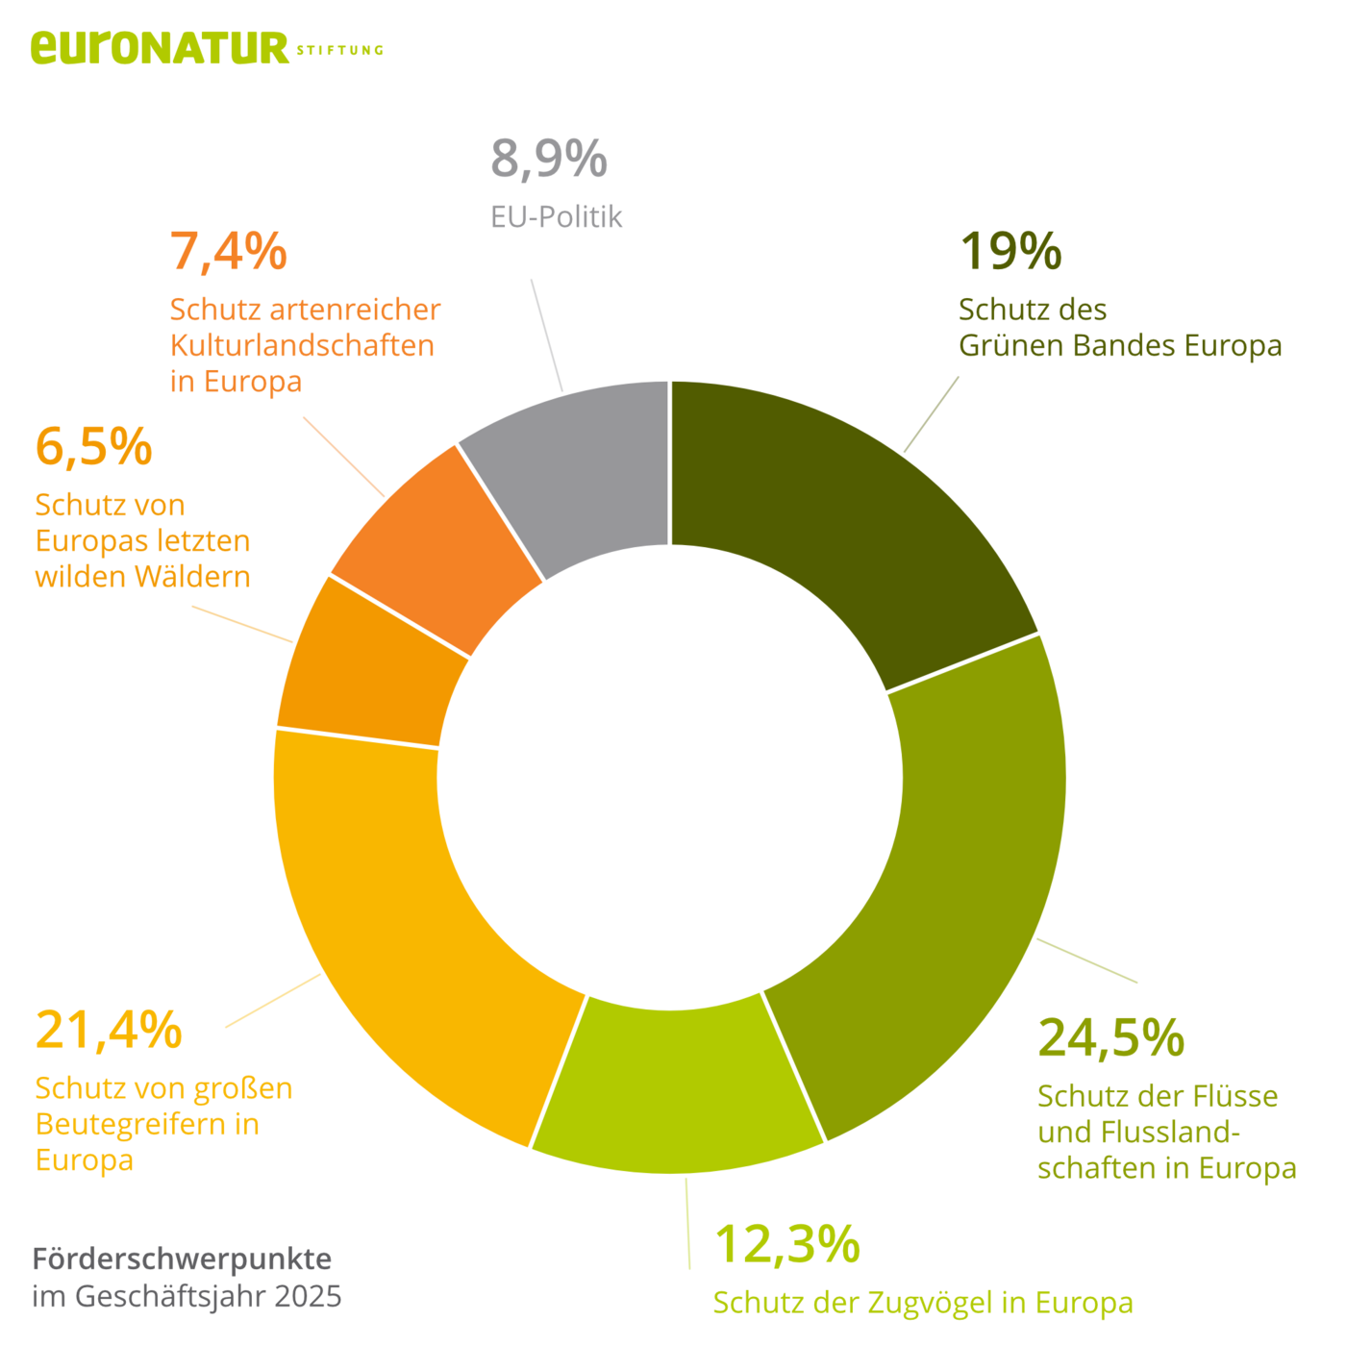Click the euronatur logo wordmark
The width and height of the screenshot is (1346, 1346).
(160, 47)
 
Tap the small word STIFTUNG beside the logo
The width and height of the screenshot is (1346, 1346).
(339, 50)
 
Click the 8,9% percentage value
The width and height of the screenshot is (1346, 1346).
(549, 160)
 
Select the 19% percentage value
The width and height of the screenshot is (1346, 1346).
(1010, 251)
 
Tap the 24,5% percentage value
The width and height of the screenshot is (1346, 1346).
(1111, 1038)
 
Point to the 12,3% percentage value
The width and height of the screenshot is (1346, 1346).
(787, 1244)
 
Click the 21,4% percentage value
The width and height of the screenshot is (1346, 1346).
(109, 1031)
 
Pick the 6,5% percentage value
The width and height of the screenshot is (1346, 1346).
(93, 447)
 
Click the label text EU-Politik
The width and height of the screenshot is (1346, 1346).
(556, 217)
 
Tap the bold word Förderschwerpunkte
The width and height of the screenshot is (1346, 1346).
(183, 1258)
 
